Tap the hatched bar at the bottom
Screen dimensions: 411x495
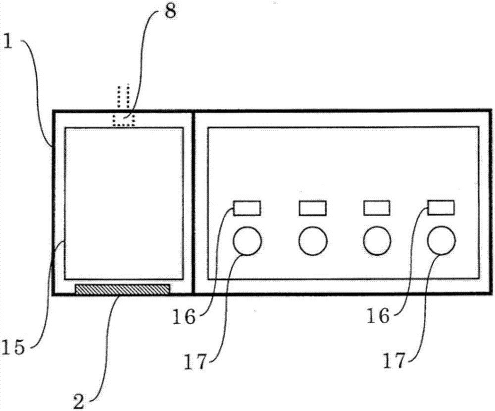tap(122, 289)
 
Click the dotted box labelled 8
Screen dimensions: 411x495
tap(124, 120)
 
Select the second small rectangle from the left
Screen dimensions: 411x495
tap(312, 208)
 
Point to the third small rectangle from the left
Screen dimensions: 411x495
tap(377, 208)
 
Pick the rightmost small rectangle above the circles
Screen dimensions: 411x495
tap(441, 208)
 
